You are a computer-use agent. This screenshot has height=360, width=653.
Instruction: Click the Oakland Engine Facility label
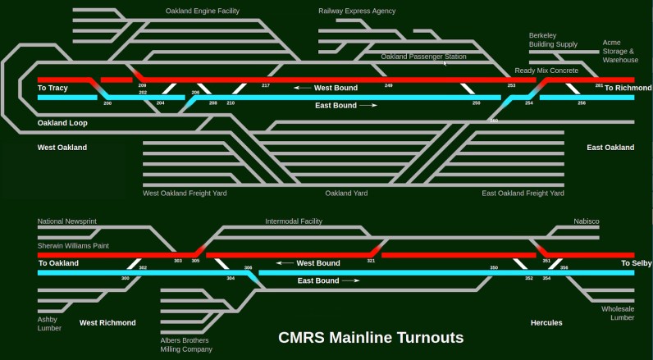tap(203, 11)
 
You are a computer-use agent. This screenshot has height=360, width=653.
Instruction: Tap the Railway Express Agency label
tap(357, 11)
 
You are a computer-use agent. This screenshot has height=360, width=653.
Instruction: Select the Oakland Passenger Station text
tap(423, 57)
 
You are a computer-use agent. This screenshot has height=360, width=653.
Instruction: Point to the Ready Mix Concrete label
tap(546, 71)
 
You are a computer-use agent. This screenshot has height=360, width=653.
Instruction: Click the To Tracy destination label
tap(53, 88)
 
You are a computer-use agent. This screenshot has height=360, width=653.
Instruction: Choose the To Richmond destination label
tap(628, 88)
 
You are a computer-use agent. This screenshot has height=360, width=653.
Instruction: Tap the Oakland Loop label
tap(62, 123)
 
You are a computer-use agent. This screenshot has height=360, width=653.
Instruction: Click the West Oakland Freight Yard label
tap(185, 194)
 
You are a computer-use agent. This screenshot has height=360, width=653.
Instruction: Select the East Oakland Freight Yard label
tap(523, 194)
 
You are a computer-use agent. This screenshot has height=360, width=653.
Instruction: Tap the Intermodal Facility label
tap(294, 221)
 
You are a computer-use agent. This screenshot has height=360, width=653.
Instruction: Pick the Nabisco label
tap(586, 221)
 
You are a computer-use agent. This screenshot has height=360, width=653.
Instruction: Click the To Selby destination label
tap(636, 263)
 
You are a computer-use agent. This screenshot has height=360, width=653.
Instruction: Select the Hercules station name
tap(546, 322)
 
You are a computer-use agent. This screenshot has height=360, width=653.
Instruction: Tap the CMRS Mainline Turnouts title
tap(371, 337)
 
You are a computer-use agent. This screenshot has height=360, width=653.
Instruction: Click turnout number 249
tap(388, 85)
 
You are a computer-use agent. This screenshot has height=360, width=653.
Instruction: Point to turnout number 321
tap(371, 261)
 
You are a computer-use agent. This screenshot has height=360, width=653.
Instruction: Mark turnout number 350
tap(494, 268)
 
